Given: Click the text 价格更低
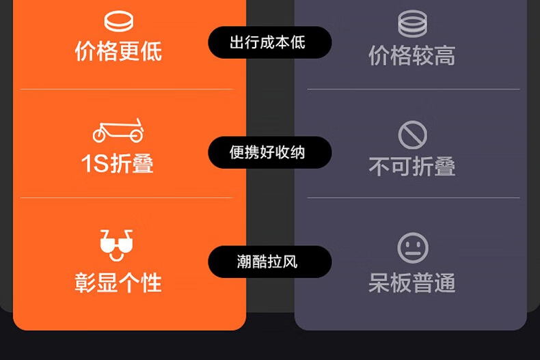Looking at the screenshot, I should pyautogui.click(x=118, y=51).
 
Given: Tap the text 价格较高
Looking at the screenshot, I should pyautogui.click(x=411, y=56).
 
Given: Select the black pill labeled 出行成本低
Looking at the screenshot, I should pyautogui.click(x=269, y=42).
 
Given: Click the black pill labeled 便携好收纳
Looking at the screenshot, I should pyautogui.click(x=269, y=152).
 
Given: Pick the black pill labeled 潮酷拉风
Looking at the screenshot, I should pyautogui.click(x=269, y=262).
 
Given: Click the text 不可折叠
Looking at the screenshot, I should pyautogui.click(x=411, y=166).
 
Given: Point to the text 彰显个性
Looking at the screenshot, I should pyautogui.click(x=118, y=282).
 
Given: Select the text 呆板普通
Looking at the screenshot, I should pyautogui.click(x=411, y=282).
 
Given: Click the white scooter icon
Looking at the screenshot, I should pyautogui.click(x=118, y=130).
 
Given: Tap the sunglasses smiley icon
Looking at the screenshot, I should pyautogui.click(x=116, y=245).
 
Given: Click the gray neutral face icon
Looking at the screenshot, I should pyautogui.click(x=412, y=247).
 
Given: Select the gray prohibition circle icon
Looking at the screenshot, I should pyautogui.click(x=412, y=135).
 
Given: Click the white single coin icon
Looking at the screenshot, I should pyautogui.click(x=118, y=20).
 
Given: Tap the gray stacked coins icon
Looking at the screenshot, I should pyautogui.click(x=412, y=25).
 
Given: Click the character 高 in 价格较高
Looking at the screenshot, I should pyautogui.click(x=445, y=56).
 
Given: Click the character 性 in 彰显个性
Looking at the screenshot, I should pyautogui.click(x=151, y=282).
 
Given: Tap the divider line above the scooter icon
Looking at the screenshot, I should pyautogui.click(x=126, y=89).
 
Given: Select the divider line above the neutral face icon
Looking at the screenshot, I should pyautogui.click(x=414, y=198).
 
